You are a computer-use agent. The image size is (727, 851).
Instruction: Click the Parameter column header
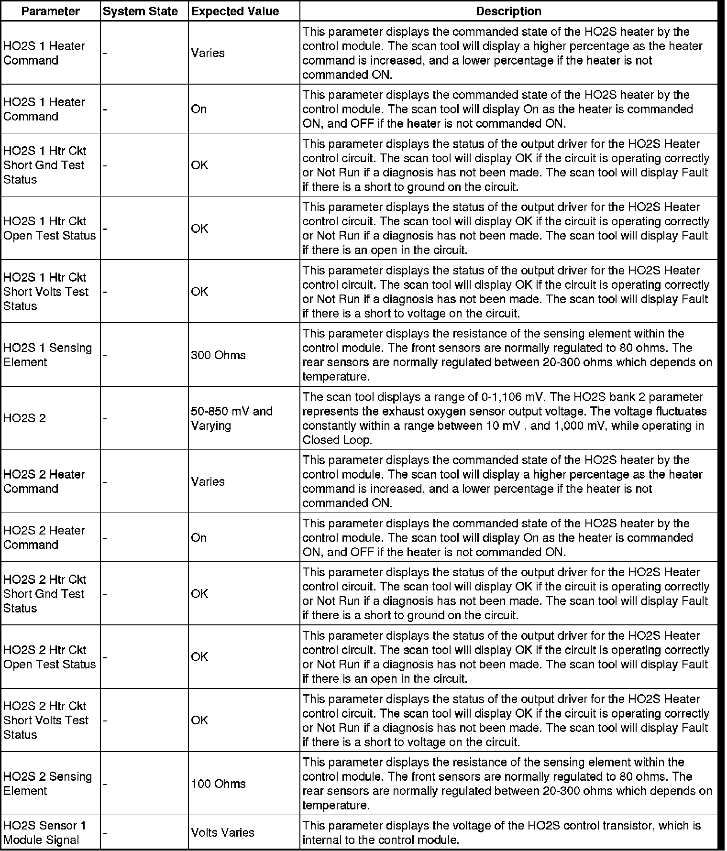click(x=50, y=11)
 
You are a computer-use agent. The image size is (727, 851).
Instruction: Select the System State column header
click(x=140, y=11)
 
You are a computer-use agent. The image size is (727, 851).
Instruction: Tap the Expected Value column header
click(x=235, y=11)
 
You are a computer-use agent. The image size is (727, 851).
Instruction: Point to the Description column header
click(x=508, y=11)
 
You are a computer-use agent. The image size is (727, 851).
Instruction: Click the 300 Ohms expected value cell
click(x=218, y=355)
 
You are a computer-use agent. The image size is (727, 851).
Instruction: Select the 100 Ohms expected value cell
click(x=218, y=784)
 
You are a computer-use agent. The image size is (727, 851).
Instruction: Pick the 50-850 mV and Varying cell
click(x=231, y=418)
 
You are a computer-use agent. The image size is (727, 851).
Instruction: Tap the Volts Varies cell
click(x=222, y=832)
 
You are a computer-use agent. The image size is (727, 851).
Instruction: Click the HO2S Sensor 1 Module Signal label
click(x=44, y=832)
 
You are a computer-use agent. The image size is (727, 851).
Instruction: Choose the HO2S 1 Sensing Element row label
click(x=47, y=355)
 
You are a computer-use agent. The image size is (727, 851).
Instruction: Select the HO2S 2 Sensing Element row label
click(x=47, y=784)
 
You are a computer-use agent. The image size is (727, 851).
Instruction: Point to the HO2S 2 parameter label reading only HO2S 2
click(x=24, y=418)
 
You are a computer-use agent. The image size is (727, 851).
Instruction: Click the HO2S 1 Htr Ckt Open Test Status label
click(x=49, y=229)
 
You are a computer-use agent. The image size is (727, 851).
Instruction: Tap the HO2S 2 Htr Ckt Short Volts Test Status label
click(x=46, y=720)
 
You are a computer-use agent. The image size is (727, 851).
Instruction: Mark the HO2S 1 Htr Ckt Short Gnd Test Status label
click(x=44, y=165)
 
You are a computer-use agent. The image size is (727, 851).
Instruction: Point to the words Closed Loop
click(x=337, y=440)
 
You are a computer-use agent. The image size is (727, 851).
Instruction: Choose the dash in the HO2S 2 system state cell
click(x=105, y=418)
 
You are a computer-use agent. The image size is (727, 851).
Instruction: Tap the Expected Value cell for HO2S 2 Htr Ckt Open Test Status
click(x=199, y=657)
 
